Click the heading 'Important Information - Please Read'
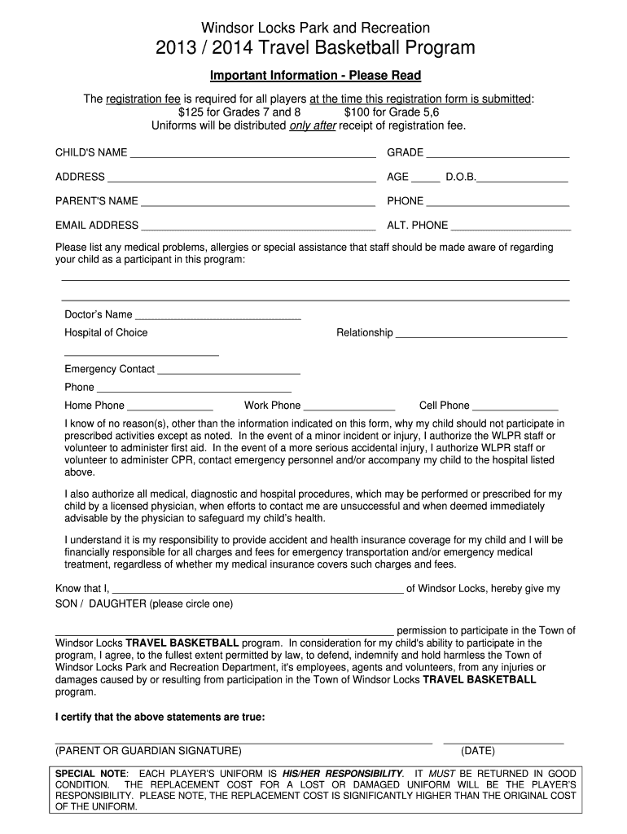pyautogui.click(x=315, y=76)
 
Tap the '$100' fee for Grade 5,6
pyautogui.click(x=358, y=112)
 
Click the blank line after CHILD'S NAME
pyautogui.click(x=252, y=155)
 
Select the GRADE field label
pyautogui.click(x=405, y=152)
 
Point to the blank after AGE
pyautogui.click(x=425, y=179)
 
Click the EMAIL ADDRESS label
pyautogui.click(x=97, y=226)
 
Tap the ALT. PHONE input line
pyautogui.click(x=511, y=228)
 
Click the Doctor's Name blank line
pyautogui.click(x=217, y=317)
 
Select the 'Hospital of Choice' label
pyautogui.click(x=106, y=332)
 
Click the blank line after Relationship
pyautogui.click(x=481, y=335)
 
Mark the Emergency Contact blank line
pyautogui.click(x=229, y=371)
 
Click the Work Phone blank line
pyautogui.click(x=349, y=407)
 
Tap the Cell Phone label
pyautogui.click(x=444, y=405)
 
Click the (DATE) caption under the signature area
pyautogui.click(x=477, y=751)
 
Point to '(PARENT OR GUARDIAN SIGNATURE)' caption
pyautogui.click(x=148, y=751)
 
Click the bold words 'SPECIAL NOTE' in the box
pyautogui.click(x=90, y=773)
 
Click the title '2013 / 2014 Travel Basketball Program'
pyautogui.click(x=315, y=49)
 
